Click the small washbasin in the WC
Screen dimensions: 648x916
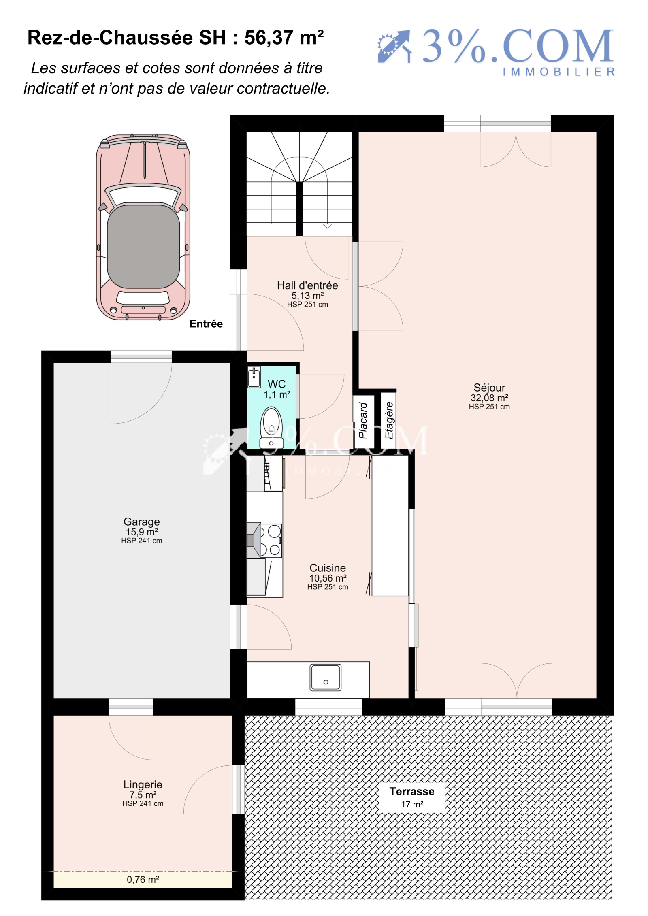[254, 377]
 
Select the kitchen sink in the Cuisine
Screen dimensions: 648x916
[325, 677]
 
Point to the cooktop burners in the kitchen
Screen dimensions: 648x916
[269, 540]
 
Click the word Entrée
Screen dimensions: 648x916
[206, 324]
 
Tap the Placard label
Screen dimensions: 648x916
[363, 420]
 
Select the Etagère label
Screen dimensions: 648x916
[389, 420]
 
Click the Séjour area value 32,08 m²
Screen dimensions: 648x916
[489, 398]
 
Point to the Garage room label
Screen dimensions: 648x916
[142, 521]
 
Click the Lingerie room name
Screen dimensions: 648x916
[143, 784]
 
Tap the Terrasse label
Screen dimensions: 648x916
[411, 791]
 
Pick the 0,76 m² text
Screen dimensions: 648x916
[143, 879]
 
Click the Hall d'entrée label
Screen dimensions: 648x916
[307, 285]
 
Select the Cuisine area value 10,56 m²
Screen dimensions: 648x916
[328, 578]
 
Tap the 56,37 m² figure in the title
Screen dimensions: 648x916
[284, 38]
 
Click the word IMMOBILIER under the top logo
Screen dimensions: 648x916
[559, 72]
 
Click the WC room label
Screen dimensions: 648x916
[277, 383]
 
